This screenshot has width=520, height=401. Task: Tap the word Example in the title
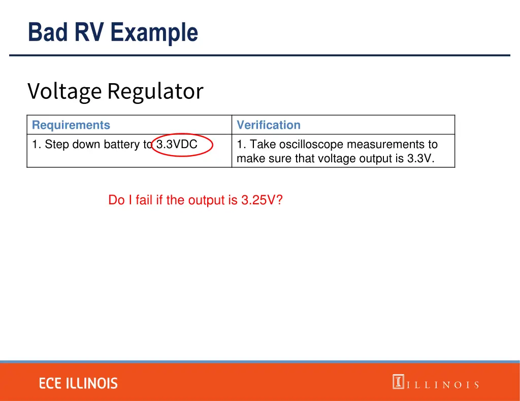click(x=154, y=32)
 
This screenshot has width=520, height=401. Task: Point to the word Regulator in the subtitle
click(x=155, y=91)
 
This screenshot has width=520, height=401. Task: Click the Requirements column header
click(x=71, y=125)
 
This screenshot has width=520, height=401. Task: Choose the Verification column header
click(x=269, y=125)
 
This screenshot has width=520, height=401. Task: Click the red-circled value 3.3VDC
click(x=177, y=144)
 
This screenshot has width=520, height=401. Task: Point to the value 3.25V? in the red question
click(x=262, y=200)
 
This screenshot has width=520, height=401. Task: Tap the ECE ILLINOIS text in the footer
click(x=78, y=384)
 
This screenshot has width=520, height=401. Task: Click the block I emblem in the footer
click(x=398, y=381)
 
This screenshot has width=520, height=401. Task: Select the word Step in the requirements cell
click(x=57, y=144)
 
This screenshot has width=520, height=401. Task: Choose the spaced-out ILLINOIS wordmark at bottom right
click(x=442, y=385)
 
